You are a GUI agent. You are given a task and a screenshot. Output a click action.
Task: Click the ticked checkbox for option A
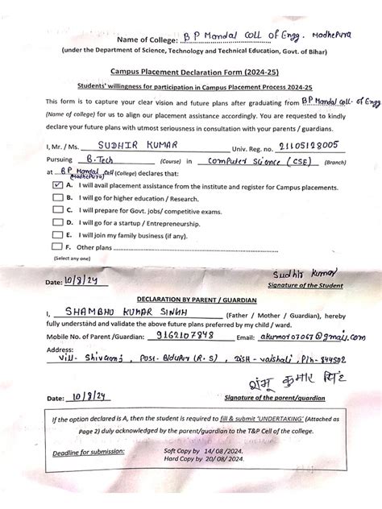[57, 184]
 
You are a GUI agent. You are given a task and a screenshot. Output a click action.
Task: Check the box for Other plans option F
[57, 246]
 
